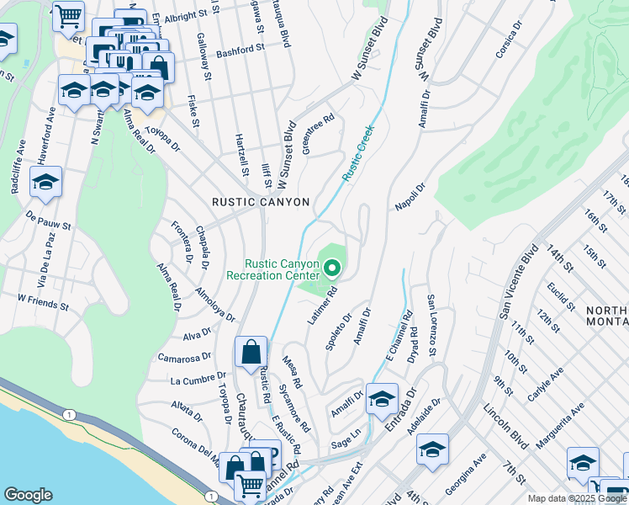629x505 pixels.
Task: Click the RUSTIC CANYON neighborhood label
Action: pos(261,202)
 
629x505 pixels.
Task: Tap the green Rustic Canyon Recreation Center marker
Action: pos(332,268)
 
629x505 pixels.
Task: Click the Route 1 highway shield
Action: pos(66,414)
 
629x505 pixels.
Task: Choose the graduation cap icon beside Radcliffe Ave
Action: pos(45,182)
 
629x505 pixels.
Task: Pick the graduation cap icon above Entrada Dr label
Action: pos(382,398)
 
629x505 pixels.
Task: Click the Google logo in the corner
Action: pos(28,495)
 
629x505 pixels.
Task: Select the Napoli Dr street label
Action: pos(410,196)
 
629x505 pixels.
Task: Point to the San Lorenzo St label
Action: pos(433,324)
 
